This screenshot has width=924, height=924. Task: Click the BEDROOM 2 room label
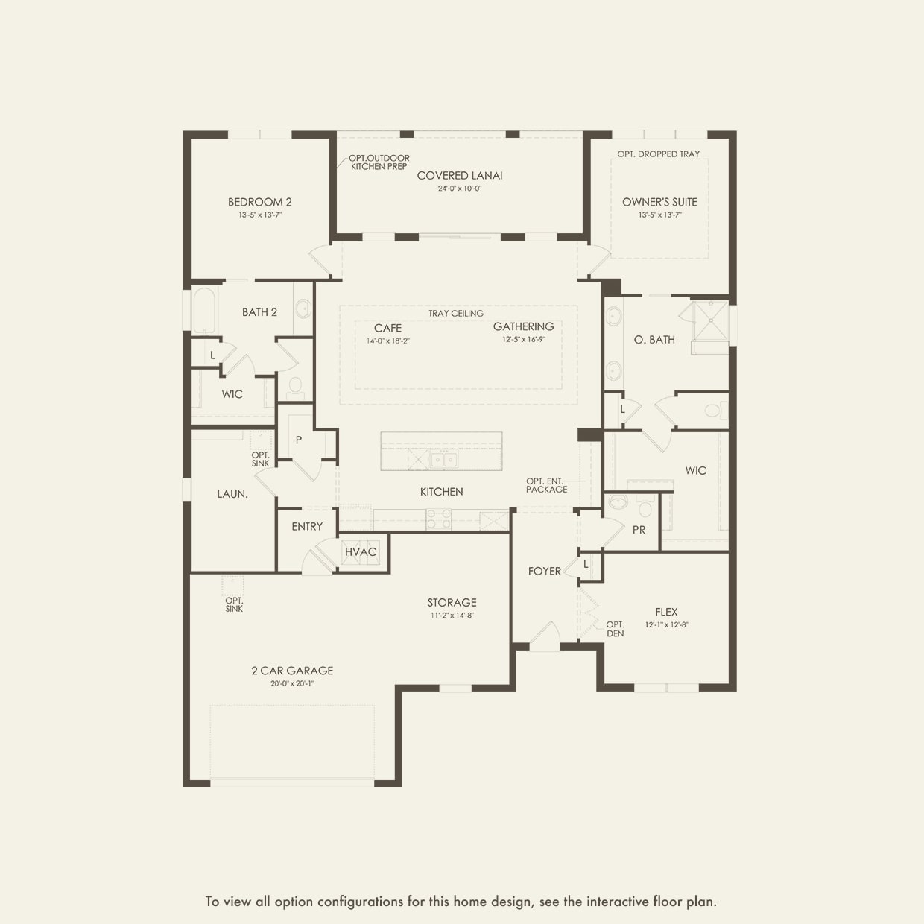tap(259, 202)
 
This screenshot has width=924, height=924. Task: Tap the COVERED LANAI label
tap(459, 176)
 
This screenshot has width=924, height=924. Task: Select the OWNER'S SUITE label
tap(659, 202)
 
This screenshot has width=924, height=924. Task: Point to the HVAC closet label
tap(361, 552)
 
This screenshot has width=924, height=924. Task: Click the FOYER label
tap(544, 571)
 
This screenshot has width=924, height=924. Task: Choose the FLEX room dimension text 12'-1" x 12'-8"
tap(666, 624)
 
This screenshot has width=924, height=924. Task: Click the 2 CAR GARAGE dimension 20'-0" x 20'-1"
tap(292, 683)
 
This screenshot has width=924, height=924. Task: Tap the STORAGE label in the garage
tap(452, 602)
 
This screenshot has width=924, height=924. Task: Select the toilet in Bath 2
tap(295, 388)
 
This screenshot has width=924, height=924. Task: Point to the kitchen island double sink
tap(444, 459)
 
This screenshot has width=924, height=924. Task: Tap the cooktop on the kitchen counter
tap(439, 519)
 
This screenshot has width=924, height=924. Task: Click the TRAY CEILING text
tap(456, 314)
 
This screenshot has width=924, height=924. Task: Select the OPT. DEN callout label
tap(616, 629)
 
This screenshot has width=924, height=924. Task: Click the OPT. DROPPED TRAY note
tap(659, 154)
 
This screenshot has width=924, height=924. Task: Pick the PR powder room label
tap(639, 530)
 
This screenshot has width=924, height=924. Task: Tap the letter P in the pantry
tap(299, 440)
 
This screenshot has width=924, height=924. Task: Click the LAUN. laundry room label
tap(232, 494)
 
